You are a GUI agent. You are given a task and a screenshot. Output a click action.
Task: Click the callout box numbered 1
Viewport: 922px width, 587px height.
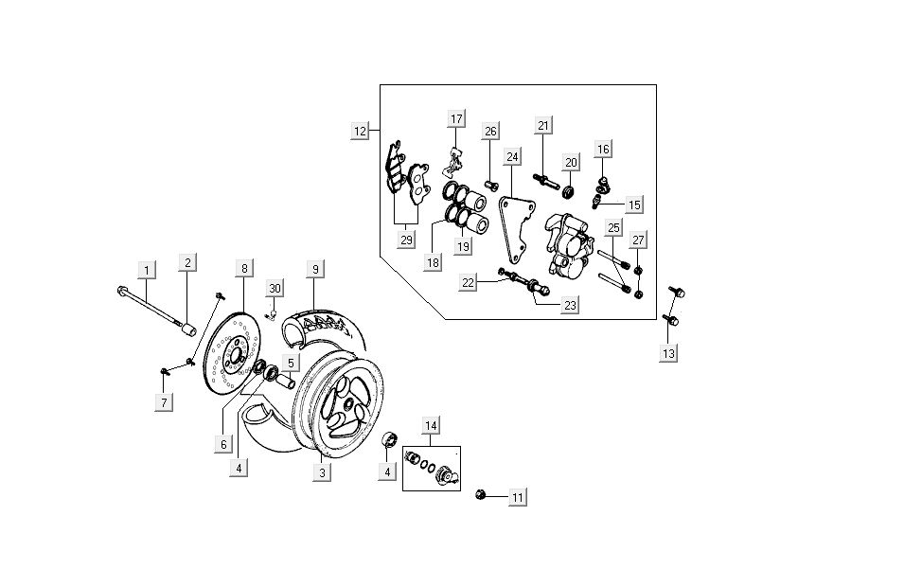click(146, 271)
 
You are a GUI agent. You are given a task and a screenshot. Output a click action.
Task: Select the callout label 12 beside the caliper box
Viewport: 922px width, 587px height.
click(359, 132)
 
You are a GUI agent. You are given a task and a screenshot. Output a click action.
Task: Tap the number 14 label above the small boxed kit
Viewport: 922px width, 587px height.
click(431, 425)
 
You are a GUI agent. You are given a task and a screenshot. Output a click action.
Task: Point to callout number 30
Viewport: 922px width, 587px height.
click(275, 288)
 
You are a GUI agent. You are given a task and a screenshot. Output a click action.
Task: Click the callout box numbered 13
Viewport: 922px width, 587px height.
click(669, 353)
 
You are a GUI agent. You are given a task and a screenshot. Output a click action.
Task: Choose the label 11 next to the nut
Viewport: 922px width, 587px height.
click(517, 497)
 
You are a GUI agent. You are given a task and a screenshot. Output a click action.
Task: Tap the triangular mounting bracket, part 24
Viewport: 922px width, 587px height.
click(515, 227)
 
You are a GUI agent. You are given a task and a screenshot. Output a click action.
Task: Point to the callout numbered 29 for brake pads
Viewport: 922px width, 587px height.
click(406, 239)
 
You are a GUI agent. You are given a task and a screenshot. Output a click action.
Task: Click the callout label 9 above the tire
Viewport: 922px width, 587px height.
click(316, 269)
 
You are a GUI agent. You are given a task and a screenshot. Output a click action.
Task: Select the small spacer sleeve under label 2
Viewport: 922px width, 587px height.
click(188, 330)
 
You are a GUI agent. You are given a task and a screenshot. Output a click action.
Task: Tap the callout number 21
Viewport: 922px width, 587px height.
click(542, 126)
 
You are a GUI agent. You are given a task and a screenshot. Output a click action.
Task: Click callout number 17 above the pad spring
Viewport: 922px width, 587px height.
click(456, 119)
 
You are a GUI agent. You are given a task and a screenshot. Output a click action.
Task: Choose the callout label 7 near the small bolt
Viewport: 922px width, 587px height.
click(165, 402)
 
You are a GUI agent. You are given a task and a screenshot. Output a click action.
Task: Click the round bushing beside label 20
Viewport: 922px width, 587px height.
click(568, 192)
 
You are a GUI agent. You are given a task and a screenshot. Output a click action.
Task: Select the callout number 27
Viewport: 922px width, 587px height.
click(638, 240)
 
